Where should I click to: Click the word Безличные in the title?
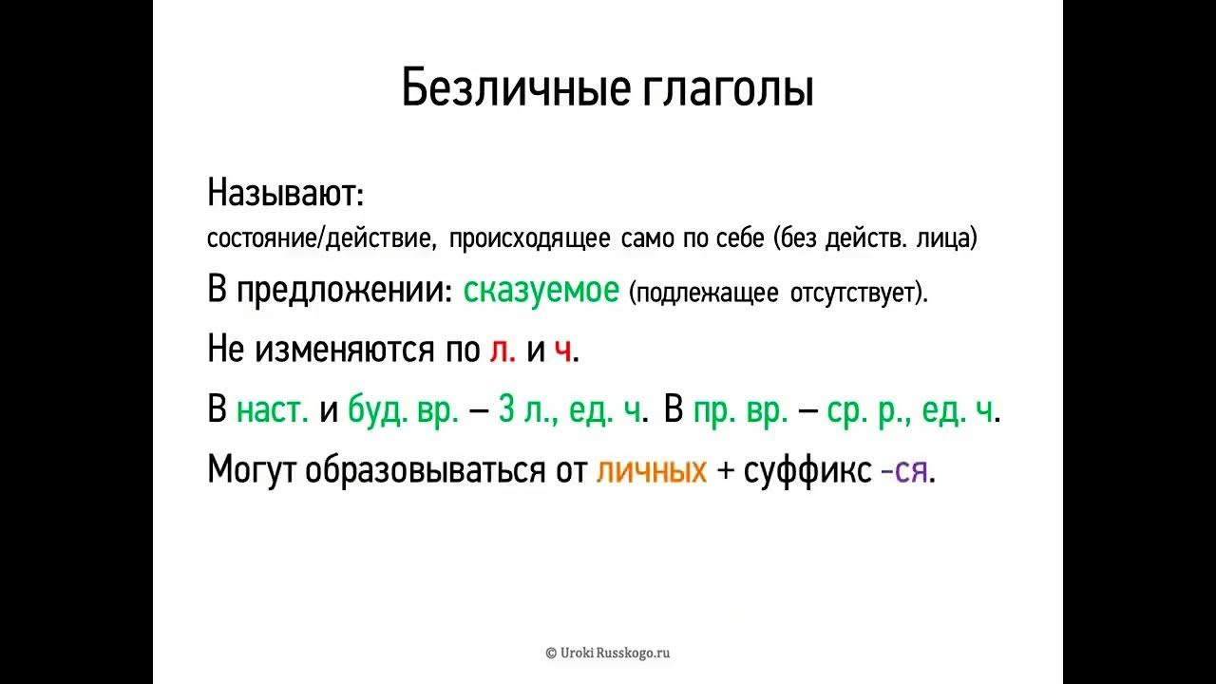516,88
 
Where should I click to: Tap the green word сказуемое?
541,291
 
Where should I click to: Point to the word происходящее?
529,238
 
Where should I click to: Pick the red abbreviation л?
503,351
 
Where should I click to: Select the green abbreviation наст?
273,411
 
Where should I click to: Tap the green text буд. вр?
404,411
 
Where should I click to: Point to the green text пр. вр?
741,411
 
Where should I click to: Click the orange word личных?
652,471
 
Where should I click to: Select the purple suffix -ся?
906,471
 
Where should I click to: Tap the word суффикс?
807,471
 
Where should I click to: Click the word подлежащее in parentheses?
707,293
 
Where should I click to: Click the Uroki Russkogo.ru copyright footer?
608,653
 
